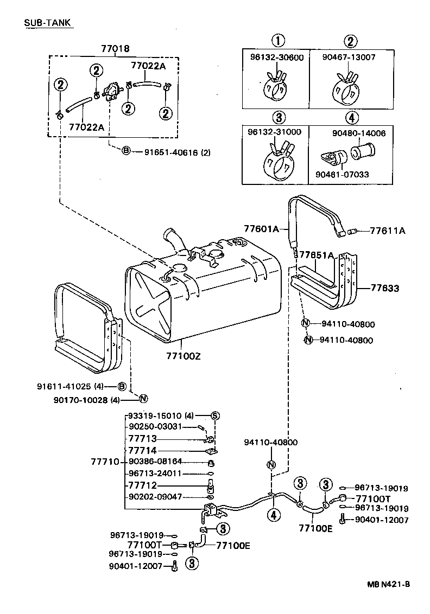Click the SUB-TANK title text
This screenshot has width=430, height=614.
click(48, 23)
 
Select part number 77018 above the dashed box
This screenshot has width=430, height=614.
click(115, 49)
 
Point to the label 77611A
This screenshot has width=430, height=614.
click(387, 231)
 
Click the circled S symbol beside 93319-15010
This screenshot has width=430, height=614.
click(214, 415)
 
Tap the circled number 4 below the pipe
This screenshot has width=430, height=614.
click(275, 515)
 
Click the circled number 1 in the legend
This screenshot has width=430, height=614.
click(277, 41)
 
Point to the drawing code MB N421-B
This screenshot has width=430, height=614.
click(388, 584)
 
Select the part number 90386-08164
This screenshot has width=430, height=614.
click(155, 462)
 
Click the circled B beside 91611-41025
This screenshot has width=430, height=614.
click(122, 386)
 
